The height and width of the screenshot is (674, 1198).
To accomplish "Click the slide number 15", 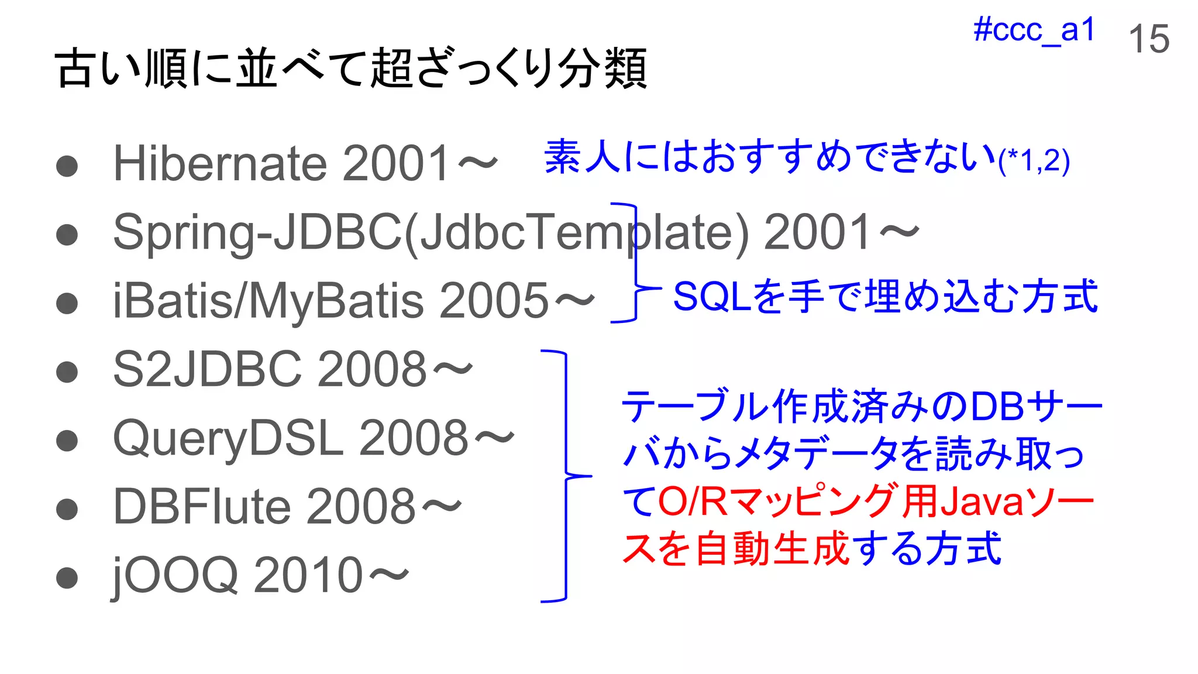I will click(x=1148, y=39).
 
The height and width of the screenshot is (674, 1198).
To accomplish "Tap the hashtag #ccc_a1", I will click(x=1034, y=30).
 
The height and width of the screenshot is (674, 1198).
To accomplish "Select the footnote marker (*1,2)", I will click(x=1034, y=161).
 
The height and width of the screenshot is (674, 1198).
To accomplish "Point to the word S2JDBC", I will click(x=208, y=369).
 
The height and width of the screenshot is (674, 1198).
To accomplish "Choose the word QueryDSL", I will click(x=228, y=439).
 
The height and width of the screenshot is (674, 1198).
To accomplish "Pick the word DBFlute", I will click(x=201, y=507).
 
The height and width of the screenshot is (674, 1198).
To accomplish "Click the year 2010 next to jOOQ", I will click(x=308, y=576).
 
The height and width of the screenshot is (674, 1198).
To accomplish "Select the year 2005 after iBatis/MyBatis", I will click(x=494, y=301).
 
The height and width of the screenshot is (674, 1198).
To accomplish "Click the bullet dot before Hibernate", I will click(x=67, y=166).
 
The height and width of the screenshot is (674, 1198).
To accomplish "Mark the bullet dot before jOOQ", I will click(x=67, y=577).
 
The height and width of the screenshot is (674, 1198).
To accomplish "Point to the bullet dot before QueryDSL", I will click(x=67, y=441).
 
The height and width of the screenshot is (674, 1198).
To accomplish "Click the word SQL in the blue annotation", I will click(x=712, y=296).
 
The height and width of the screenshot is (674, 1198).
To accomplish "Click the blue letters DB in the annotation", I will click(x=996, y=407).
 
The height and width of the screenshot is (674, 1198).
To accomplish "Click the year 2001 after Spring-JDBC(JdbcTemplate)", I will click(x=818, y=232).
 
